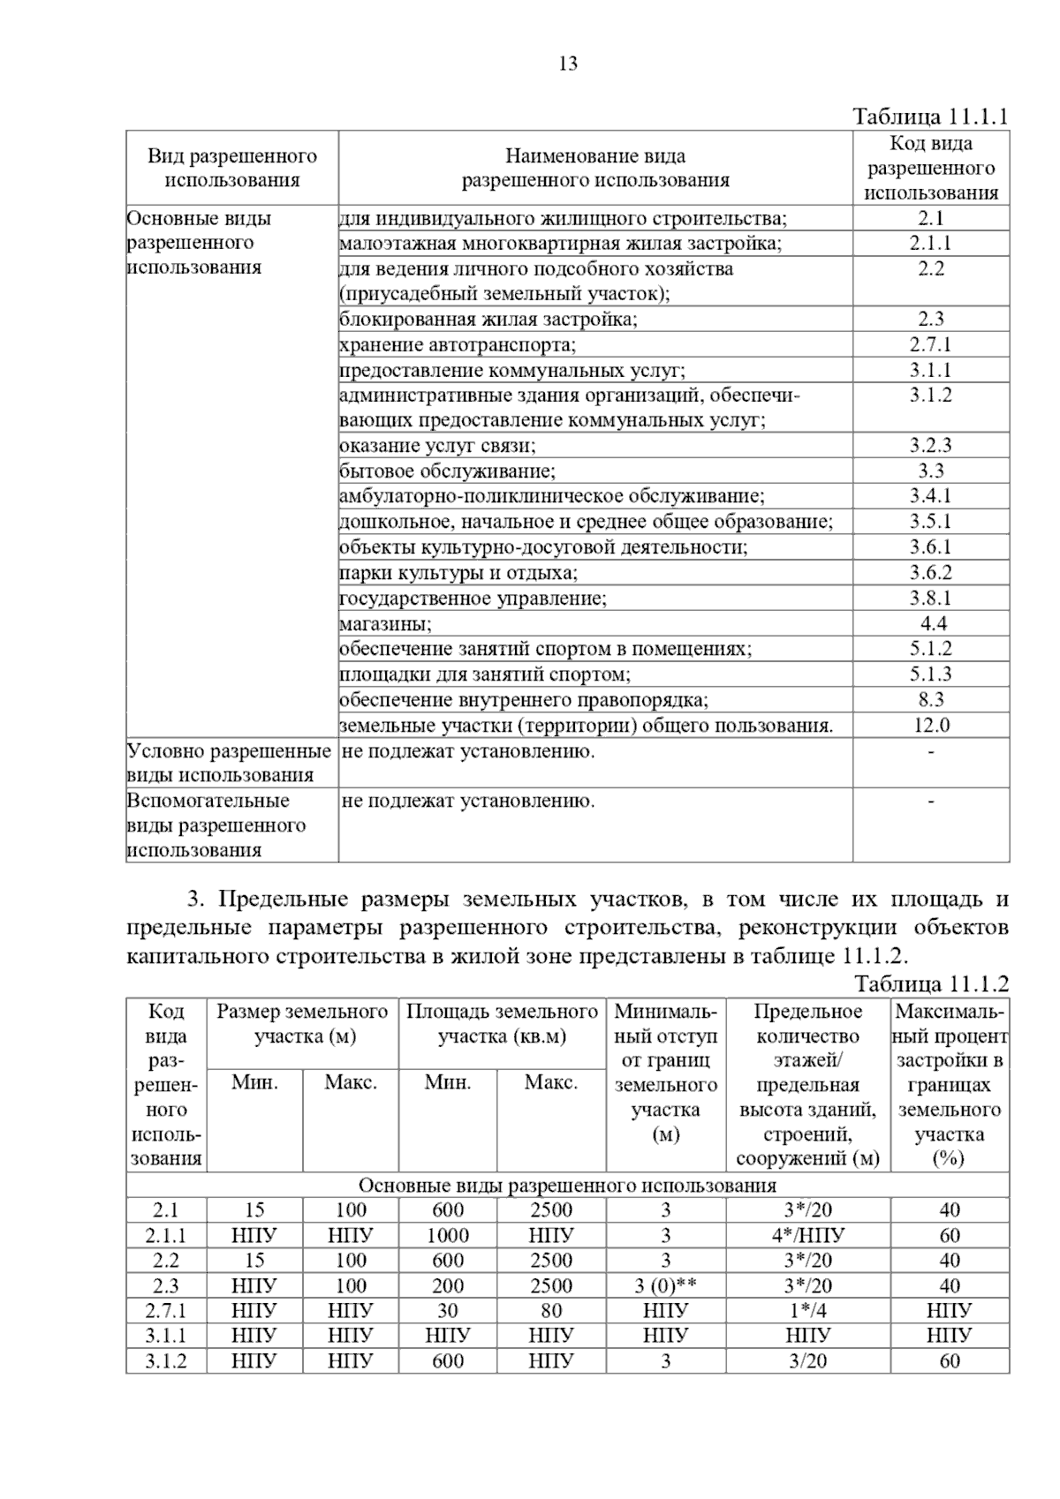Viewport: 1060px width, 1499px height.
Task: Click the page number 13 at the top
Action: click(568, 64)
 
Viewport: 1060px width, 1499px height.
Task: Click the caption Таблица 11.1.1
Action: click(930, 117)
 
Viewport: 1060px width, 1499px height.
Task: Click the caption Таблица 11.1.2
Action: click(931, 984)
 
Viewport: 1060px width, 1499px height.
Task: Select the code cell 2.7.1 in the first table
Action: click(931, 344)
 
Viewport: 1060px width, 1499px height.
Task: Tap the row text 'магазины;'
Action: click(385, 624)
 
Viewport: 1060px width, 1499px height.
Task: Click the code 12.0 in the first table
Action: click(931, 726)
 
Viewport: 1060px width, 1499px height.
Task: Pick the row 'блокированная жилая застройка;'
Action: click(488, 320)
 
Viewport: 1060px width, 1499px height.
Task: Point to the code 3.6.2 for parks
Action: click(931, 573)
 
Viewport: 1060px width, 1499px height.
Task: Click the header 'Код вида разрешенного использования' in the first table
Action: click(931, 168)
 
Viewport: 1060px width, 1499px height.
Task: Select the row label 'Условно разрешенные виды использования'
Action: click(230, 763)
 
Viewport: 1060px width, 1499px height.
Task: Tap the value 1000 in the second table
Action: click(448, 1235)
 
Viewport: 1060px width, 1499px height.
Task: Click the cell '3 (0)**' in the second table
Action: click(665, 1285)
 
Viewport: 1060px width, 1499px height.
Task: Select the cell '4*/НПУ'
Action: click(807, 1235)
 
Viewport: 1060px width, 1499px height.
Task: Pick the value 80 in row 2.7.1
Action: click(551, 1310)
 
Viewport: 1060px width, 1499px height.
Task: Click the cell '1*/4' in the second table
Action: click(807, 1310)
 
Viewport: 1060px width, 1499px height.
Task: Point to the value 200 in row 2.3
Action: click(448, 1285)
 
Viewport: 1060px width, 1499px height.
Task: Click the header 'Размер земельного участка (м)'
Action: click(302, 1023)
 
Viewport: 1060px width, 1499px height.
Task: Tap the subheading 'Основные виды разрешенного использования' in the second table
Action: click(567, 1185)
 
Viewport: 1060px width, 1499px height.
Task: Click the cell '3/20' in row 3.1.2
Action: click(807, 1360)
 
